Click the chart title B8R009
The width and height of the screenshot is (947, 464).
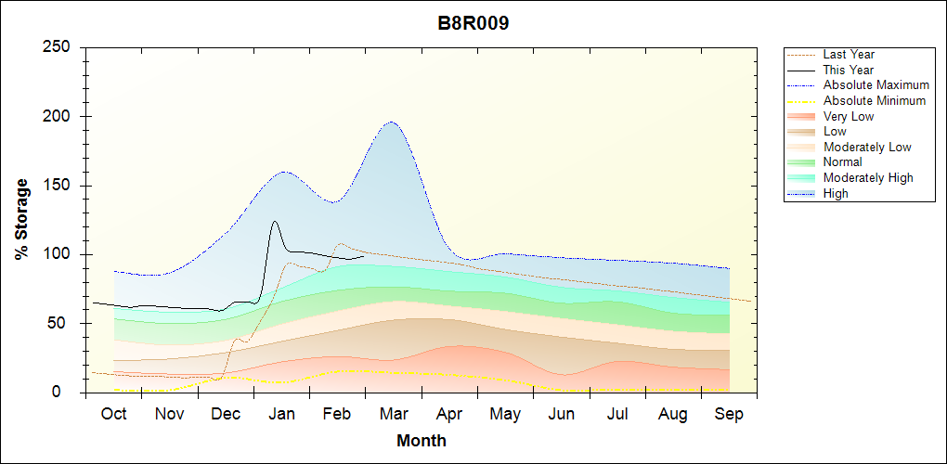[x=473, y=23]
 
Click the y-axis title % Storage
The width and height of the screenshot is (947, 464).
[x=22, y=219]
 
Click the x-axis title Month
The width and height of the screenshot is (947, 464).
[x=422, y=441]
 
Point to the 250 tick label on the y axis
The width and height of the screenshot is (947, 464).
[x=58, y=47]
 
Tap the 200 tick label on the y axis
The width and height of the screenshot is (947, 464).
[x=58, y=117]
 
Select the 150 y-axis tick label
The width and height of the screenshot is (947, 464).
[x=58, y=186]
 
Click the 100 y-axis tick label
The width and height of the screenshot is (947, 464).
[x=58, y=254]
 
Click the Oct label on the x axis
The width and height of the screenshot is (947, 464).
[x=113, y=414]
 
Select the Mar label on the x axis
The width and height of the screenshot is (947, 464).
[x=394, y=414]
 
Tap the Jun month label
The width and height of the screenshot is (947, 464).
[x=562, y=414]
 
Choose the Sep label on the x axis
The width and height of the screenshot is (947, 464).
[x=729, y=414]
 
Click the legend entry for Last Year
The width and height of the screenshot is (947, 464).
[x=849, y=55]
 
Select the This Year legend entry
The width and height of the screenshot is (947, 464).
[x=849, y=70]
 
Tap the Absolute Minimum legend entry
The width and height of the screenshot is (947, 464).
[x=875, y=101]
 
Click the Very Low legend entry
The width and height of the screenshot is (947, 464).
[x=849, y=117]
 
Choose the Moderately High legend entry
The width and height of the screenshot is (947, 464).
[x=868, y=178]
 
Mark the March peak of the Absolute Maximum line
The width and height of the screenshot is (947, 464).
[x=391, y=122]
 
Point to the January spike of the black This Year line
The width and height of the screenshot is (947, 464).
[x=275, y=222]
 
